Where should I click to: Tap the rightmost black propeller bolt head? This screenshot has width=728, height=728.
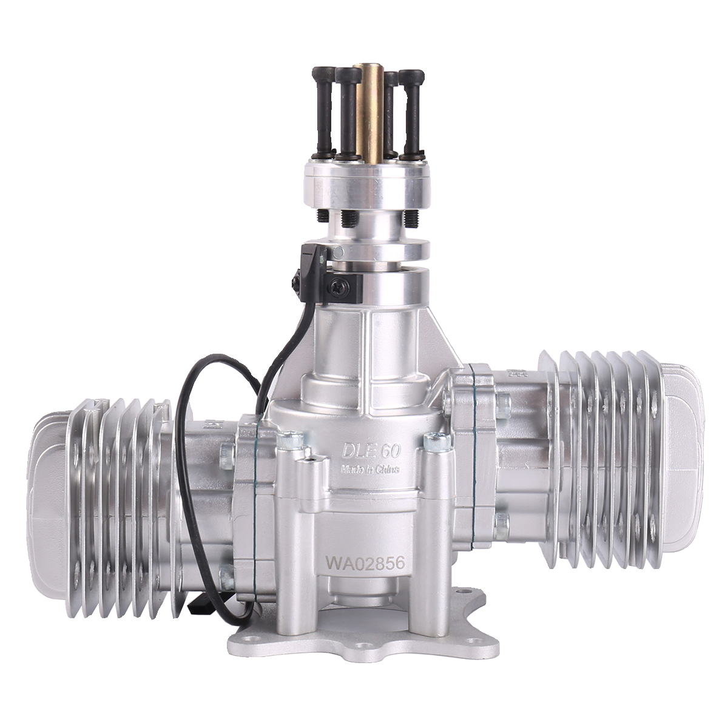tap(411, 75)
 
